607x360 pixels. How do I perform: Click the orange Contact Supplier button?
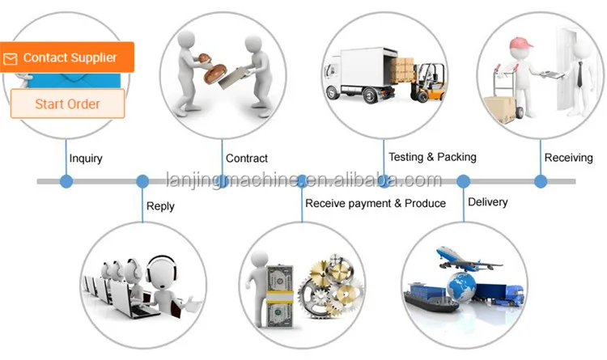67,57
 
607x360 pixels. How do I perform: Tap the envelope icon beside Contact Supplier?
10,58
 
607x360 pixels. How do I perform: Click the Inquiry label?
86,159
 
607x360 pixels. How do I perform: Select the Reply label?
160,206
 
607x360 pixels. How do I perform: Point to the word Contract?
247,158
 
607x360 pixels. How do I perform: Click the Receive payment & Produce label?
376,203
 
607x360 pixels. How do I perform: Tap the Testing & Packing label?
432,157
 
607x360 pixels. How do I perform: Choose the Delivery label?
488,202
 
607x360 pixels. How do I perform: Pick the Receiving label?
568,158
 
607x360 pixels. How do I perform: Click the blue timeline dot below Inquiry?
66,181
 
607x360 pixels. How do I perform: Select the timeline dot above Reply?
142,181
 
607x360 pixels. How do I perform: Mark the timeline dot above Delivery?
464,181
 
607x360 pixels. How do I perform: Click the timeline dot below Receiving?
541,181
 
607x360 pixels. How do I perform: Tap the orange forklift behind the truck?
429,83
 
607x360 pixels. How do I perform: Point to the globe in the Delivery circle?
461,286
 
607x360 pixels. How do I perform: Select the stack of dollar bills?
279,296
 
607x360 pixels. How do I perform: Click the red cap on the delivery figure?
520,43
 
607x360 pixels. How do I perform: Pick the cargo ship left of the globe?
430,297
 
